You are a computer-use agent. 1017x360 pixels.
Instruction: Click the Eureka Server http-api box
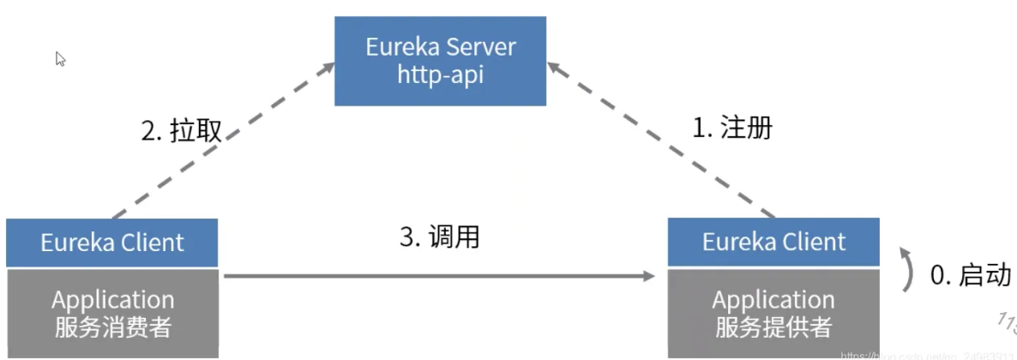440,60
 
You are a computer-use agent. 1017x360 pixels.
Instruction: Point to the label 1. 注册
732,128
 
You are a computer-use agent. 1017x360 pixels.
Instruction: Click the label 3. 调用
440,237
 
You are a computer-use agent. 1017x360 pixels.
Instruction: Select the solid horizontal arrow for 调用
437,276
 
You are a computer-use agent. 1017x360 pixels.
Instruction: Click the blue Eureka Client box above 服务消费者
112,243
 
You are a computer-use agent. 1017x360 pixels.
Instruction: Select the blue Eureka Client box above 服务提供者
773,242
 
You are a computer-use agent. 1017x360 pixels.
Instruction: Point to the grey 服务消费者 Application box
112,312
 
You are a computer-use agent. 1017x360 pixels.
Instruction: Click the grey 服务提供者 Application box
773,312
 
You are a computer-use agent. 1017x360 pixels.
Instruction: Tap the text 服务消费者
112,327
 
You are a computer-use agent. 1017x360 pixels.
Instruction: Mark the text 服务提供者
773,327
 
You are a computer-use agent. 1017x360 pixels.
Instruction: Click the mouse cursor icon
61,59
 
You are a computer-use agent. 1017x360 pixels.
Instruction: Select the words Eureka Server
441,46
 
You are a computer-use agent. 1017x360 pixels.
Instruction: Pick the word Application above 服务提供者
773,300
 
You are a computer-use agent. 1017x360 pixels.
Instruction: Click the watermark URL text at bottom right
926,354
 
